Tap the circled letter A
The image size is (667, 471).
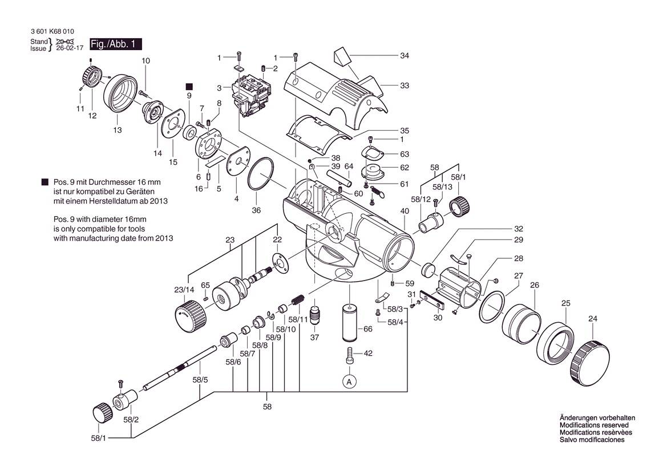(349, 381)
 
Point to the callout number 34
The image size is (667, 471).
(405, 56)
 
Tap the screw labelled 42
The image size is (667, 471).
(349, 357)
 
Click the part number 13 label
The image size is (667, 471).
(118, 130)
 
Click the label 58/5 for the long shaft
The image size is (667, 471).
(200, 379)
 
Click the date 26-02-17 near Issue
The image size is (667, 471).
(67, 49)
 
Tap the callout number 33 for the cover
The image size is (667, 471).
(405, 86)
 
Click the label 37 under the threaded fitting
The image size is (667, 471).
(314, 338)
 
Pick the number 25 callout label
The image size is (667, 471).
(565, 303)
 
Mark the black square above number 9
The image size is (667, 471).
(189, 86)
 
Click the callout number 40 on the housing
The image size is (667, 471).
(405, 212)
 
